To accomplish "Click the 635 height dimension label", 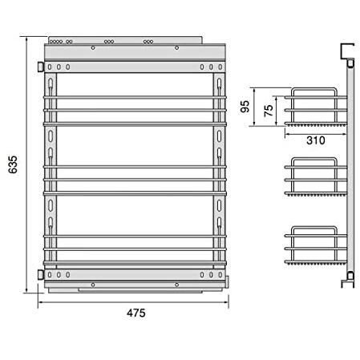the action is tap(13, 164).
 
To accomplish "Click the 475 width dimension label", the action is tap(136, 313).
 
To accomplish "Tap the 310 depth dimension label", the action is tap(316, 140).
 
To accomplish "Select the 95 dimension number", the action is tap(245, 107).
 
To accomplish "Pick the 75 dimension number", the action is tap(269, 111).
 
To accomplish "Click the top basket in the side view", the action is tap(315, 107).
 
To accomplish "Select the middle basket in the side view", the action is tap(315, 177).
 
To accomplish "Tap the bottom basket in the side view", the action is tap(315, 245).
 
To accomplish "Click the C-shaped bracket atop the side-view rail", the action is tap(347, 51).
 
